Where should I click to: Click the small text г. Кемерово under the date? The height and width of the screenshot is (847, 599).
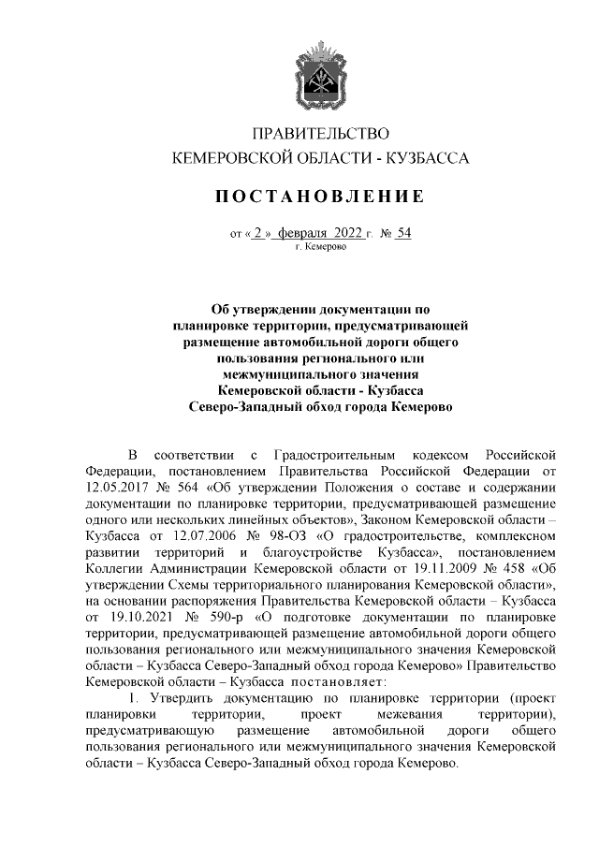pyautogui.click(x=321, y=248)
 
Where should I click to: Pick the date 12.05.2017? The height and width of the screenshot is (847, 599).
pyautogui.click(x=117, y=489)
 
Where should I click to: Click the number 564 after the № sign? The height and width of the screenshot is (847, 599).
pyautogui.click(x=197, y=489)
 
